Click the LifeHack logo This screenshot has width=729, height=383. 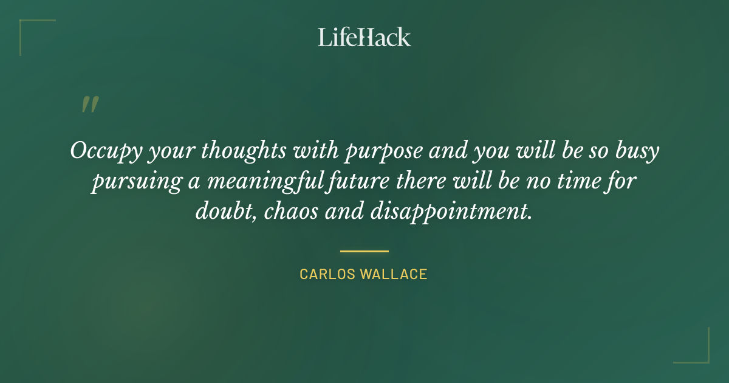(364, 37)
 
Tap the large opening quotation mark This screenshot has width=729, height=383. (89, 105)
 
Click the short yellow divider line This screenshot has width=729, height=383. (364, 250)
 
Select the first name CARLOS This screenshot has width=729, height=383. (327, 274)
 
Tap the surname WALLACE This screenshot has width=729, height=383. (394, 274)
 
